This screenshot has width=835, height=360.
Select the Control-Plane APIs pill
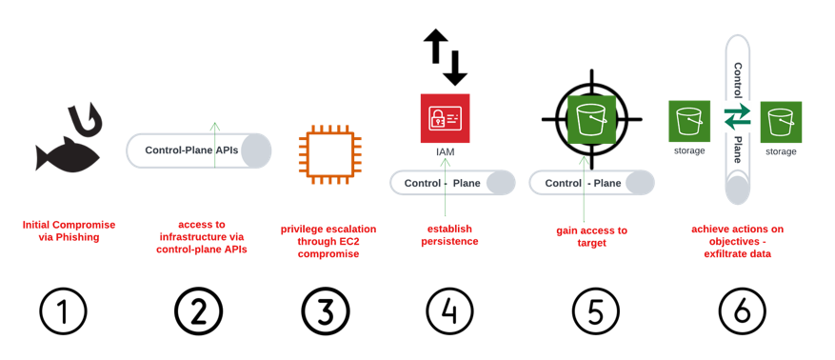click(x=198, y=150)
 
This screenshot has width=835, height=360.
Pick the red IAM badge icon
click(x=445, y=118)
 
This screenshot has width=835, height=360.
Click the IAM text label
click(x=445, y=150)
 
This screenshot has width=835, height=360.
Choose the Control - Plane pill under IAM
click(x=452, y=183)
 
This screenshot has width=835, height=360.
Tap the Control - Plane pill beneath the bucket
click(x=591, y=183)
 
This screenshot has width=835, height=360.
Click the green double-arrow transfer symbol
click(x=738, y=119)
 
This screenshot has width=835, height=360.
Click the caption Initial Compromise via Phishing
click(x=69, y=230)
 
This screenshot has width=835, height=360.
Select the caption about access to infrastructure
click(x=202, y=236)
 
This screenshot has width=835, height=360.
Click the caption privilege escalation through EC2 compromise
click(x=328, y=242)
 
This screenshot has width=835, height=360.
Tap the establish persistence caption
click(x=446, y=235)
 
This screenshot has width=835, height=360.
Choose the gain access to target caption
click(x=591, y=236)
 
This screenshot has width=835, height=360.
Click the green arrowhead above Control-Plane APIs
click(x=215, y=126)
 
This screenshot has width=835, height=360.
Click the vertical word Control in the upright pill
click(x=738, y=78)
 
